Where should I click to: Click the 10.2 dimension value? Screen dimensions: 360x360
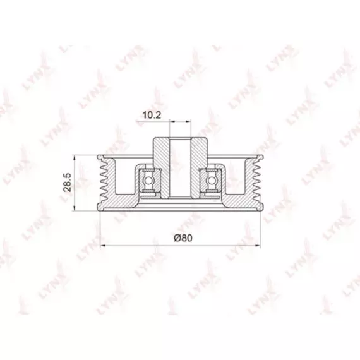click(152, 115)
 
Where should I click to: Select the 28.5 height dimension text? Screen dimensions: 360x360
click(68, 183)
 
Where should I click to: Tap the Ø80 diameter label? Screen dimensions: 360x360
click(183, 238)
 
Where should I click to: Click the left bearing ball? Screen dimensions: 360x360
click(148, 181)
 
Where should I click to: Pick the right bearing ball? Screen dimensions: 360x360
click(210, 181)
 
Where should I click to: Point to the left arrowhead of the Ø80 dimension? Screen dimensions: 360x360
click(103, 246)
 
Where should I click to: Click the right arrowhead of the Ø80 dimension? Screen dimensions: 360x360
click(258, 246)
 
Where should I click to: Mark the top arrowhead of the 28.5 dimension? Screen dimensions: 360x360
click(75, 158)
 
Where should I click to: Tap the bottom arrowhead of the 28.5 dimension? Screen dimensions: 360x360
click(75, 208)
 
